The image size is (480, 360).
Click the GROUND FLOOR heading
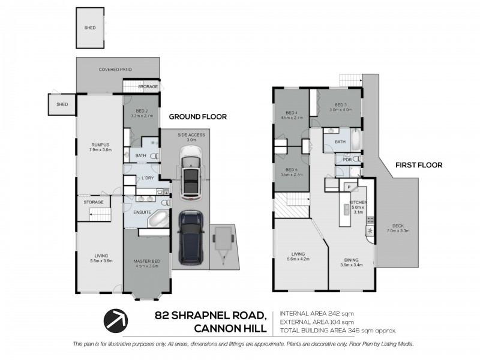[x=197, y=116]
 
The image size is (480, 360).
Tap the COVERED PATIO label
[x=115, y=70]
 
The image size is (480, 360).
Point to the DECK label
[x=398, y=227]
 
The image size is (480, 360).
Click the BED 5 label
[x=292, y=170]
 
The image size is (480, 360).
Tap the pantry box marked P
[x=347, y=187]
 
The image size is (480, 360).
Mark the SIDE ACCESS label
[x=191, y=135]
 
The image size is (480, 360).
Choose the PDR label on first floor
[x=347, y=160]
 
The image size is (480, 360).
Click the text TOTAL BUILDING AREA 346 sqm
[x=337, y=331]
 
